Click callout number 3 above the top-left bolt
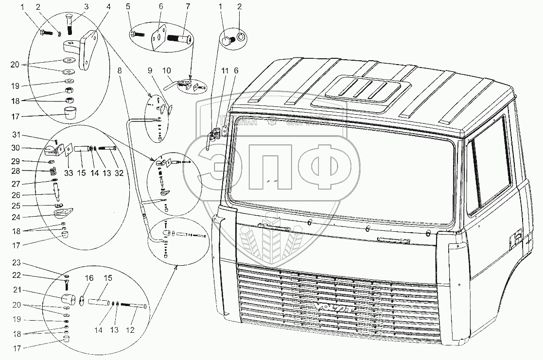click(x=86, y=7)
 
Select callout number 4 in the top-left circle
click(x=109, y=7)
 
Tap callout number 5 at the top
click(x=129, y=7)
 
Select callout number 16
click(x=88, y=278)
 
